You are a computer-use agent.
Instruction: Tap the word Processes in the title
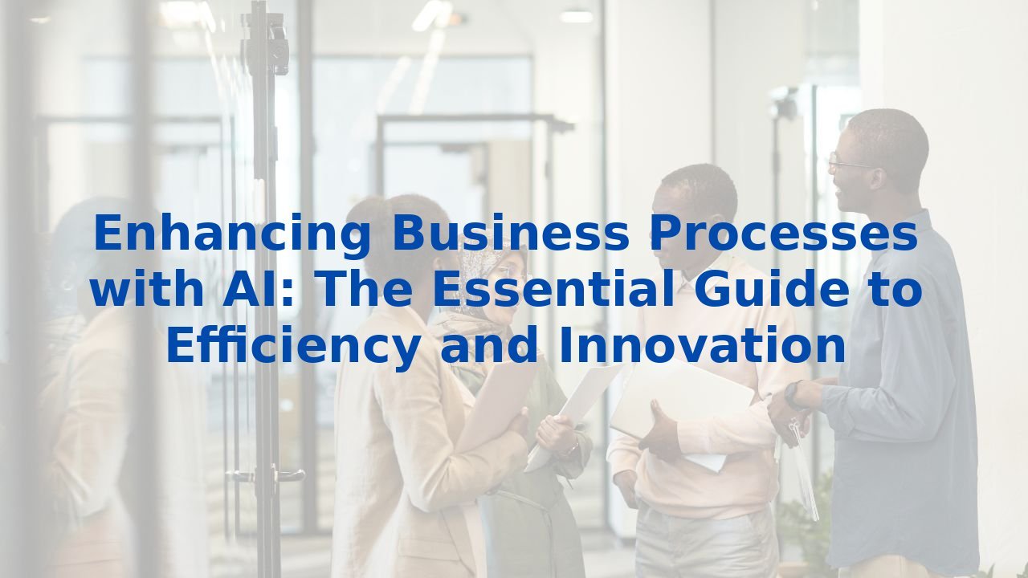pyautogui.click(x=784, y=235)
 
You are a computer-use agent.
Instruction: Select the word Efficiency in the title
pyautogui.click(x=292, y=347)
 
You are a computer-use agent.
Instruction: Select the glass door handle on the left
pyautogui.click(x=241, y=475)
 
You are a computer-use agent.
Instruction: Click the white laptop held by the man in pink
pyautogui.click(x=683, y=401)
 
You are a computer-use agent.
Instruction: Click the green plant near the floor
pyautogui.click(x=803, y=522)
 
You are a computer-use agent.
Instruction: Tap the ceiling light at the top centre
pyautogui.click(x=576, y=15)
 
